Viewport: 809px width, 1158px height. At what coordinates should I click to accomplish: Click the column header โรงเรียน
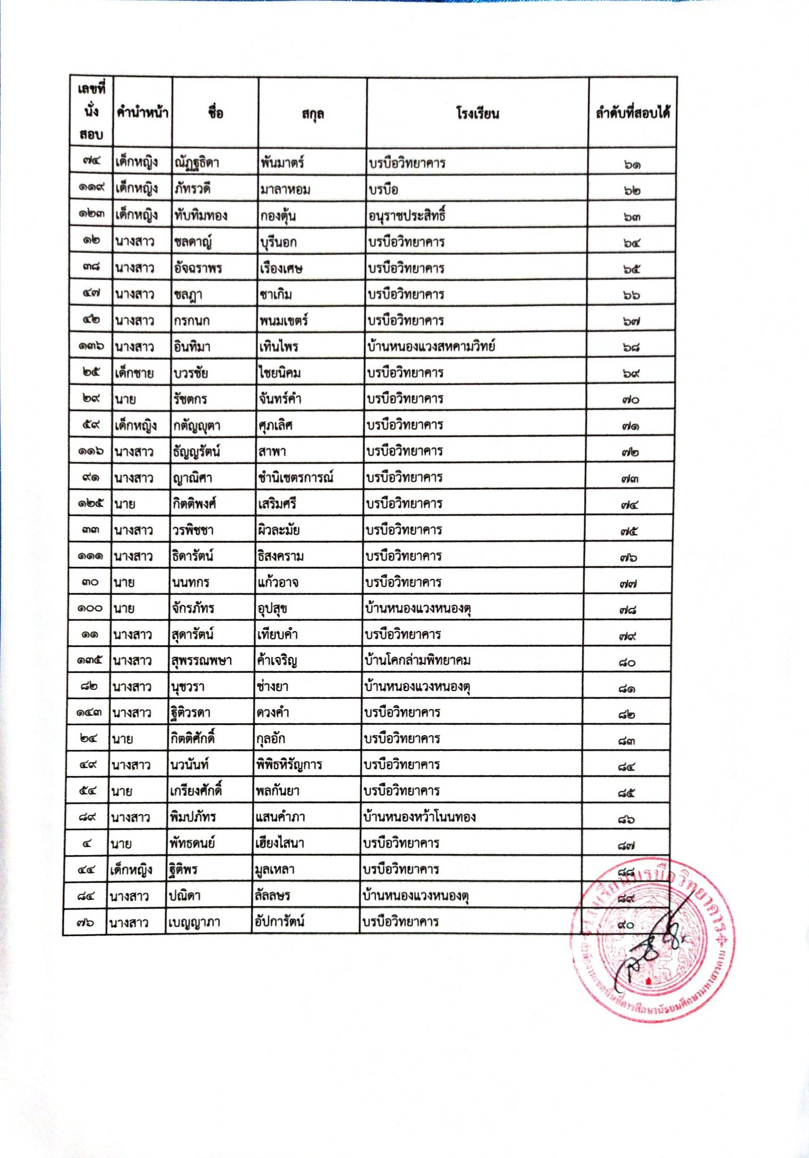coord(477,114)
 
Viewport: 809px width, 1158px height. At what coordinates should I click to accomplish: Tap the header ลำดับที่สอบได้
coord(633,113)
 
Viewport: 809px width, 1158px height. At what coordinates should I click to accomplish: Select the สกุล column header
coord(313,114)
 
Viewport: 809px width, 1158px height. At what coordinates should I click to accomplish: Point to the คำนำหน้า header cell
coord(142,113)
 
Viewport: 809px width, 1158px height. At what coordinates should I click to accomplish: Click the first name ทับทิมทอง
coord(201,215)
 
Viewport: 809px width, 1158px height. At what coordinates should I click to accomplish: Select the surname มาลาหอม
coord(285,189)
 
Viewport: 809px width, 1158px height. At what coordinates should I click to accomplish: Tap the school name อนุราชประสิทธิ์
coord(407,215)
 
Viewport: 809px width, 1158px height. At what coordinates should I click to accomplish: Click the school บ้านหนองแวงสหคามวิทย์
coord(431,346)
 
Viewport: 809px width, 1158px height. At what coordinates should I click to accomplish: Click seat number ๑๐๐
coord(90,608)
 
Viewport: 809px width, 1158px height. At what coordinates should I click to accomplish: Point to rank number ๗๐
coord(630,400)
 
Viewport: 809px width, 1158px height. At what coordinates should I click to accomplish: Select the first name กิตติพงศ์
coord(194,504)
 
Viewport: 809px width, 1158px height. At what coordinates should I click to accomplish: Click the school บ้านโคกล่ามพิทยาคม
coord(418,660)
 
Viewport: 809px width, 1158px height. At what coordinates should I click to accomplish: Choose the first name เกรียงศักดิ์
coord(196,790)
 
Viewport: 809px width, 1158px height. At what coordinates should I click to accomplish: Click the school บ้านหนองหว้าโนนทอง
coord(419,817)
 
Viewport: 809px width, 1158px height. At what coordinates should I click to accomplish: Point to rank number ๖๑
coord(633,165)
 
